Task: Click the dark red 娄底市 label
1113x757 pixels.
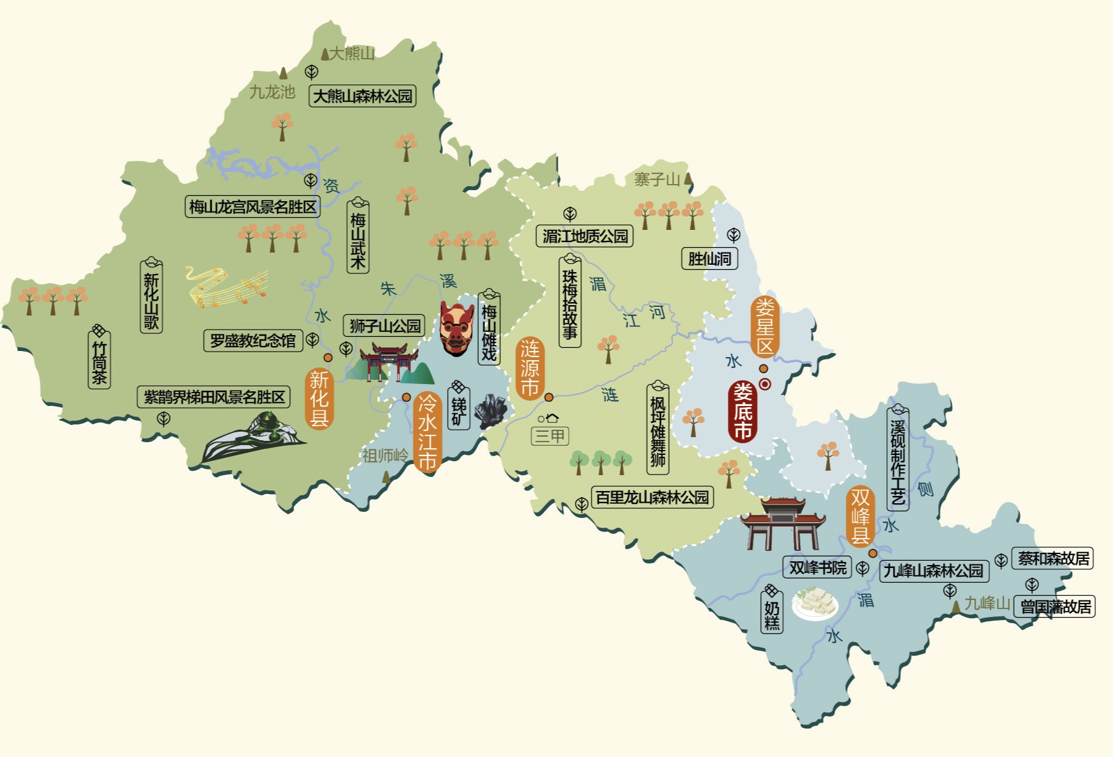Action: coord(742,412)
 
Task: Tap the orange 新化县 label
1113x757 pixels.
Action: coord(319,399)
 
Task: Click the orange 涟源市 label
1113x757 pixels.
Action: coord(530,368)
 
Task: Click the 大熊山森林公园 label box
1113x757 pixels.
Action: coord(363,96)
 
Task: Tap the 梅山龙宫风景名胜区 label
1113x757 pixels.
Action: coord(253,207)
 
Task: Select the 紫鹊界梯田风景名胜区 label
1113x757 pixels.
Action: coord(213,397)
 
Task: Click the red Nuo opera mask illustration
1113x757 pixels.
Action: coord(456,328)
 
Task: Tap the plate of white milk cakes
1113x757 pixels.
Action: coord(815,603)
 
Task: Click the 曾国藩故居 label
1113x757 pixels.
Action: coord(1055,607)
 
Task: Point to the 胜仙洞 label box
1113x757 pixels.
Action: coord(709,259)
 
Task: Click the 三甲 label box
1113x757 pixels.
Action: coord(550,436)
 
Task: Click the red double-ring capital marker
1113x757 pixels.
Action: coord(764,384)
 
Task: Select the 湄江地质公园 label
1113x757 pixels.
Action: coord(585,236)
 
